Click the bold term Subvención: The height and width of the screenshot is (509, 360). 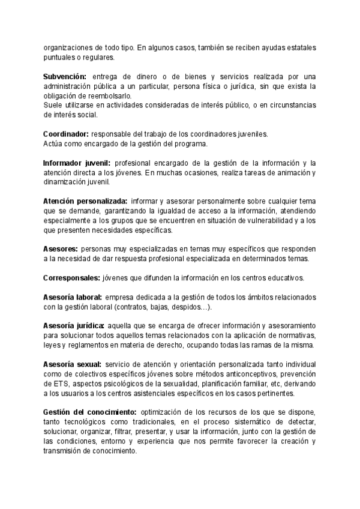[x=65, y=77]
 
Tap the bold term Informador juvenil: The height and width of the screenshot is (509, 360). [x=77, y=163]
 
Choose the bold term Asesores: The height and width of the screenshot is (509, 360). [x=60, y=249]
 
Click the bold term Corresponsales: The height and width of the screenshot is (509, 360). [x=71, y=278]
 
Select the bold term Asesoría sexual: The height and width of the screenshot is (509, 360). [x=72, y=364]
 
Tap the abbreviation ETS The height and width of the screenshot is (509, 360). [x=58, y=384]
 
